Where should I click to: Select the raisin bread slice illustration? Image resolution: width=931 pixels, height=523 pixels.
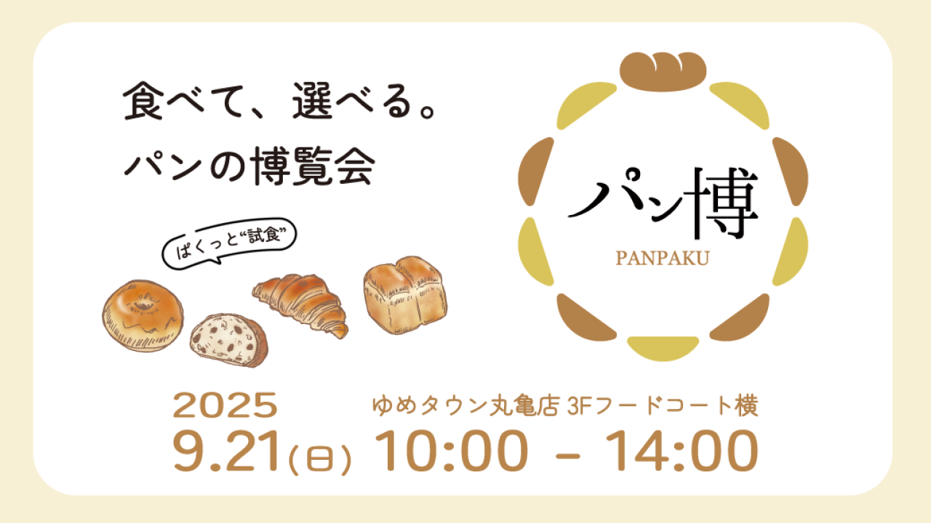[x=229, y=340]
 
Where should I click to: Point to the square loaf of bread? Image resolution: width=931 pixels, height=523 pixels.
[x=405, y=294]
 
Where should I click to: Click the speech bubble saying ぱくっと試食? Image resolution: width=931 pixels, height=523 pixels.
[x=229, y=243]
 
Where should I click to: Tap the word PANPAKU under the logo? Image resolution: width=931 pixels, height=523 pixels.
[x=663, y=258]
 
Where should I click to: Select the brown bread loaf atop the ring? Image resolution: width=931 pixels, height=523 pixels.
[x=663, y=71]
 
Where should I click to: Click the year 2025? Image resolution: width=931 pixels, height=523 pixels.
[x=225, y=405]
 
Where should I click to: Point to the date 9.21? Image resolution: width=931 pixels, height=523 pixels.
[x=225, y=451]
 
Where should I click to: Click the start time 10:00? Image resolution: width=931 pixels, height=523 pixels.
[x=452, y=451]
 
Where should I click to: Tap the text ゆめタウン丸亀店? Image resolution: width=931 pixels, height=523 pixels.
[x=465, y=405]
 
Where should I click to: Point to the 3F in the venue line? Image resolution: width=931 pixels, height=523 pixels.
[x=579, y=406]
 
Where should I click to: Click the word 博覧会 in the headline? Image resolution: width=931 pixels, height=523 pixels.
[x=315, y=166]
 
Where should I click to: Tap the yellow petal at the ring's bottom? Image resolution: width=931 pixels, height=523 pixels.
[x=663, y=349]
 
